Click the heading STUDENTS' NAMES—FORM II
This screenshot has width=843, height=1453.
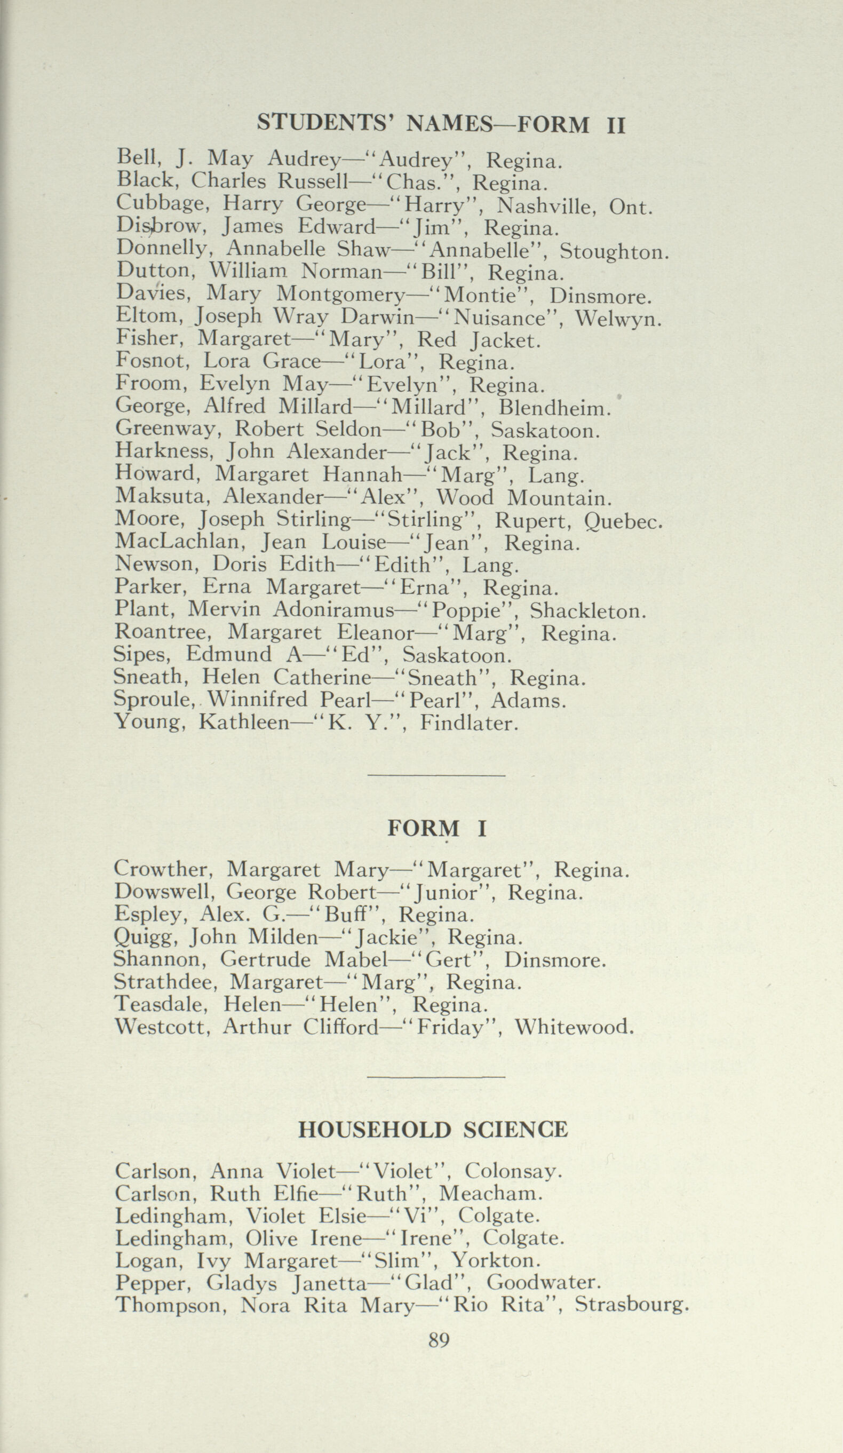point(441,123)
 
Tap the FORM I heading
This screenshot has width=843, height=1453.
point(436,829)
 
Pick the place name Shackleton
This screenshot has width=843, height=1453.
point(588,610)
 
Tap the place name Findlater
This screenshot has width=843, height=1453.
point(469,723)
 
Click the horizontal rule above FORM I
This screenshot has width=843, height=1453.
point(436,775)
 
